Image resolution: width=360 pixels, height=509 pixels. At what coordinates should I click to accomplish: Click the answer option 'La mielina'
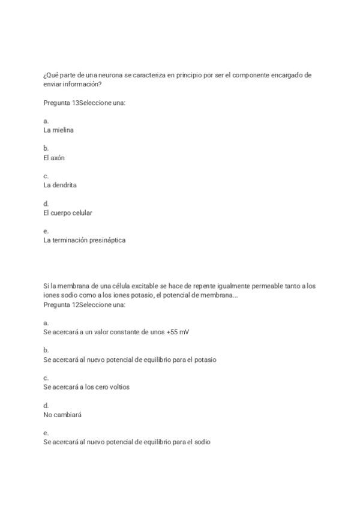(59, 130)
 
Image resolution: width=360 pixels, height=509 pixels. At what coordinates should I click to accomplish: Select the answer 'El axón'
(54, 158)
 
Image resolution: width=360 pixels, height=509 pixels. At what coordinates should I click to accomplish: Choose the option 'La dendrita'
(60, 185)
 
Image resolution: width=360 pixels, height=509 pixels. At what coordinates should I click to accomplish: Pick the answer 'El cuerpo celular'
(68, 213)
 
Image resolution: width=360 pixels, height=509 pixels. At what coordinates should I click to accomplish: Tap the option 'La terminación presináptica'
(85, 241)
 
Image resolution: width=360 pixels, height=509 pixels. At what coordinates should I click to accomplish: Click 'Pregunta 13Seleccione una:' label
(84, 103)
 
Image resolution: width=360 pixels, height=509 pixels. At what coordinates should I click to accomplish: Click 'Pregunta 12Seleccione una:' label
(84, 305)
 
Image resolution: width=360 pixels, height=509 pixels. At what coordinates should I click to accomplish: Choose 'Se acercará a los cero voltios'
(86, 387)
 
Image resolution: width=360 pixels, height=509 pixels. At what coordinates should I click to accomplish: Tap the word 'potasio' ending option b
(205, 360)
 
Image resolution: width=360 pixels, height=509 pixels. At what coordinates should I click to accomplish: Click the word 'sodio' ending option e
(202, 442)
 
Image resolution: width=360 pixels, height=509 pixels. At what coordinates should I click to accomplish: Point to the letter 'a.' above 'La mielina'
(46, 121)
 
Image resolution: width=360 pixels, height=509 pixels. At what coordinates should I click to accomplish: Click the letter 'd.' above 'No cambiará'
(46, 406)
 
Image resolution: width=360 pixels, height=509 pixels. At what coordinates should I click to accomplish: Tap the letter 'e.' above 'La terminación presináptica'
(46, 231)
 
